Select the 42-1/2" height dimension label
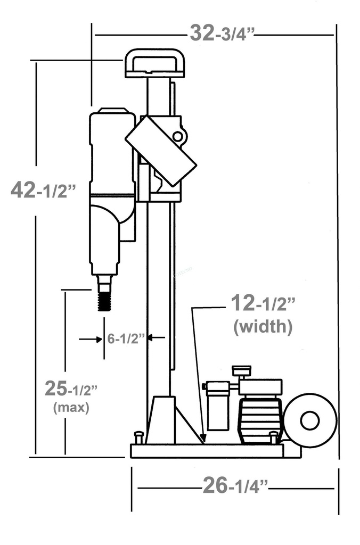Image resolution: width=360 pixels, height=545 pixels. pos(43,190)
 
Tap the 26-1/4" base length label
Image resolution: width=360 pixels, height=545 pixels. pos(235,486)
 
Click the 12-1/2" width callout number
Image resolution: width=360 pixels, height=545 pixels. pos(263,304)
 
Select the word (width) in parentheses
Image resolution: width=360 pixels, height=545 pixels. pos(263,326)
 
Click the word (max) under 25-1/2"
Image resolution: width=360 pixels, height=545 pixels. pos(71,408)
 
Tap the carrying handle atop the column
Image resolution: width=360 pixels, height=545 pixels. pos(154,63)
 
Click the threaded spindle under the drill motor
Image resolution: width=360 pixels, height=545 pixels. pos(104,296)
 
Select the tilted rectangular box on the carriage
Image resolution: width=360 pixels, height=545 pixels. pos(161,151)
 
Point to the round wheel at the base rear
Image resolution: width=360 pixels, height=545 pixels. pos(310,420)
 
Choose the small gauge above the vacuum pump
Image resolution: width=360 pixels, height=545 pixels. pos(241,370)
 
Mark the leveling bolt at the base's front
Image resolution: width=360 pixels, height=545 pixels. pos(138,437)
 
